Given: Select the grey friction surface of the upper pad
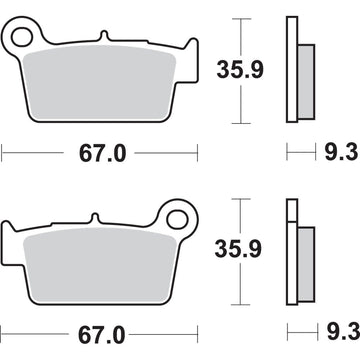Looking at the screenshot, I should pos(100,77).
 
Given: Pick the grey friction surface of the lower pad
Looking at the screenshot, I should pos(100,256).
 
